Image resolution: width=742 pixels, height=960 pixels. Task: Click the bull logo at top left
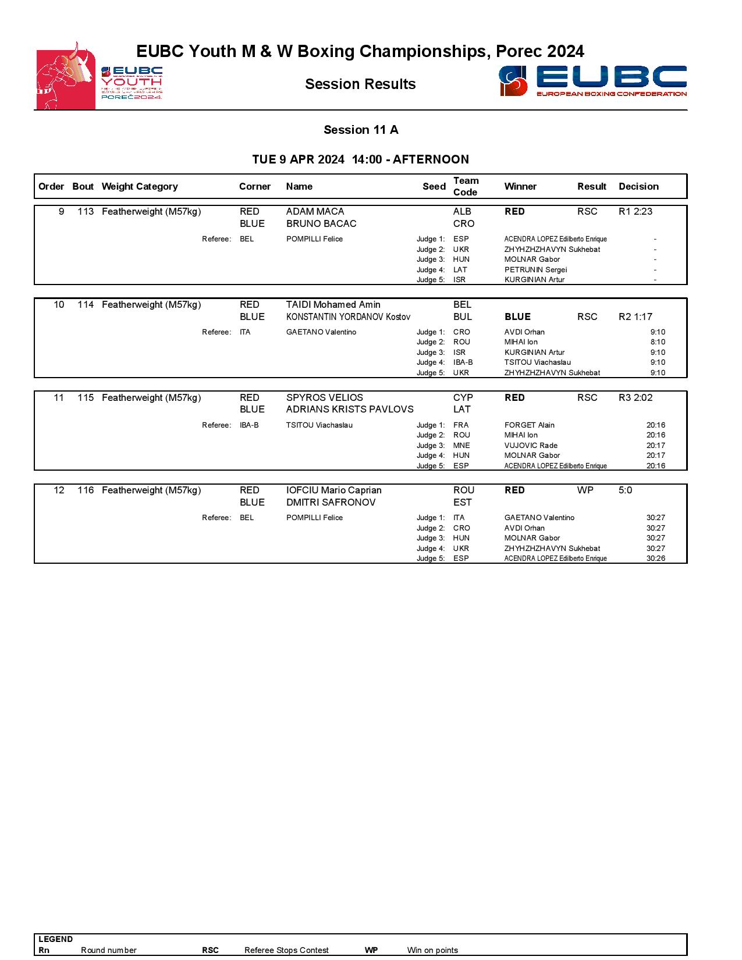click(66, 76)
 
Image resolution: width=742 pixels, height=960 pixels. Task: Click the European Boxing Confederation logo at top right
click(592, 81)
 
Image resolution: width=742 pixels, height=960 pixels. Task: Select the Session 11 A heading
click(361, 130)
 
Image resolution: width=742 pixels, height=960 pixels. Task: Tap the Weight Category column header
click(140, 187)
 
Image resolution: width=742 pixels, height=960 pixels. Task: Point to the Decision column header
click(638, 187)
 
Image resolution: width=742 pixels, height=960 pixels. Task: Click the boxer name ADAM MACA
click(315, 212)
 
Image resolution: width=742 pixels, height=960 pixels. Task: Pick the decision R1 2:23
click(636, 212)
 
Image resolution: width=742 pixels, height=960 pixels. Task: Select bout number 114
click(86, 305)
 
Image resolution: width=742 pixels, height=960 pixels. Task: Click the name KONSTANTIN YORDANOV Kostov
click(348, 317)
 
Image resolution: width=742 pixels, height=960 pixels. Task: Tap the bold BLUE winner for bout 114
click(517, 317)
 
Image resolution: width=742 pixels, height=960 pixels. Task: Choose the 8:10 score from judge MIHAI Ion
click(658, 342)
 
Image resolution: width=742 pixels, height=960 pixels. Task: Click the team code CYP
click(463, 398)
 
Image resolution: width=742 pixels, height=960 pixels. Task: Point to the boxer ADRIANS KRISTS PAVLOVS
click(350, 410)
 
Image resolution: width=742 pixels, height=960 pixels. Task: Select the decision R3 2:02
click(636, 398)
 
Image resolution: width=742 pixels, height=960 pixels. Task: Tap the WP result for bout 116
click(585, 490)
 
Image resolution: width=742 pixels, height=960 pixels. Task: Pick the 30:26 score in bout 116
click(655, 559)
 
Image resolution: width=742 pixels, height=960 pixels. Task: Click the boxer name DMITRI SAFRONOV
click(331, 503)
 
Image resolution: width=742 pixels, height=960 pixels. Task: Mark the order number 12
click(59, 490)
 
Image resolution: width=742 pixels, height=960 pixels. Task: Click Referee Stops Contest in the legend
click(286, 950)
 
